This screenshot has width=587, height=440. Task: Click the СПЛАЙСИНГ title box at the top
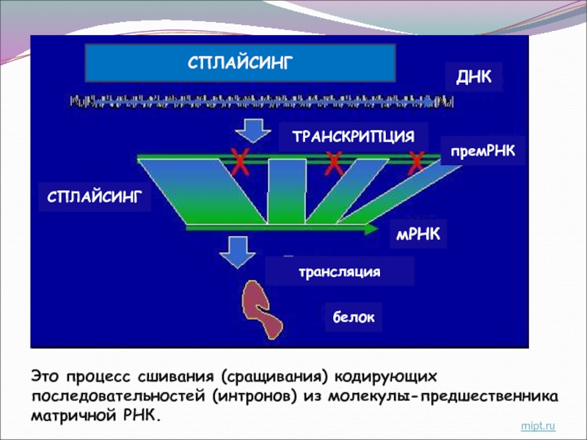(241, 62)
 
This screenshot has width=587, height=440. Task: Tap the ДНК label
(474, 77)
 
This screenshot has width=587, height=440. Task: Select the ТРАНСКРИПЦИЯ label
(349, 136)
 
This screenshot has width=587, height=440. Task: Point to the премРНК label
(481, 150)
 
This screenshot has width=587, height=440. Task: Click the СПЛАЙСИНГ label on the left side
(94, 197)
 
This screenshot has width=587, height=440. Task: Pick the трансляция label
(339, 271)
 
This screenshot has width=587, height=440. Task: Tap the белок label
(353, 318)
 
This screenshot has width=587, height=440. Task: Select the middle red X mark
(334, 162)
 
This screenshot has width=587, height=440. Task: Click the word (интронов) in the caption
(255, 396)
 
